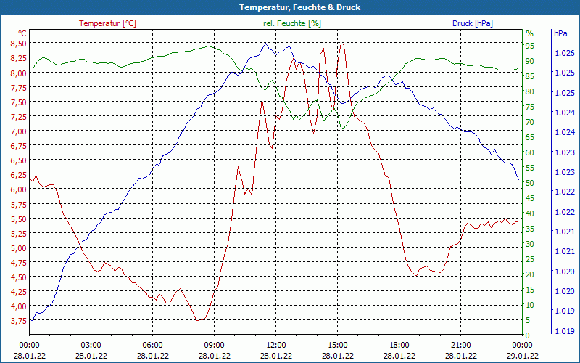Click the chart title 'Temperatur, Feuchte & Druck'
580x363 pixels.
click(x=289, y=7)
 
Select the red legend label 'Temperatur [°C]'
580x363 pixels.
click(x=107, y=23)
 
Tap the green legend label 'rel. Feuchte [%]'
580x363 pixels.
click(x=291, y=23)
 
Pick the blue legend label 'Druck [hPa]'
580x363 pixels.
click(x=472, y=23)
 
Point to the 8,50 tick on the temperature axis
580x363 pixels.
click(x=18, y=44)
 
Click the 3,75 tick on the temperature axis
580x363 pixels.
click(x=18, y=320)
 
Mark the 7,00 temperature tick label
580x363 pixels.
click(x=18, y=131)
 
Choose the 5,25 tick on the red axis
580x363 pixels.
click(x=18, y=233)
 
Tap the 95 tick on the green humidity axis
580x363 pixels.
click(x=529, y=44)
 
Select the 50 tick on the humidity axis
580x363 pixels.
click(x=529, y=183)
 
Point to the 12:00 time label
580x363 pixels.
click(x=276, y=345)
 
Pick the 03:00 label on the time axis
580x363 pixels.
click(x=91, y=345)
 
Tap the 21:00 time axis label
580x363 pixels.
click(x=461, y=345)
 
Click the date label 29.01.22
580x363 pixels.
click(x=523, y=356)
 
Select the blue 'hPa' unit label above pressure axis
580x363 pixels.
click(x=560, y=33)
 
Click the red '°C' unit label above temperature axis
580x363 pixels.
click(x=22, y=33)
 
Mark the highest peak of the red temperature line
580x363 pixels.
click(x=341, y=44)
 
